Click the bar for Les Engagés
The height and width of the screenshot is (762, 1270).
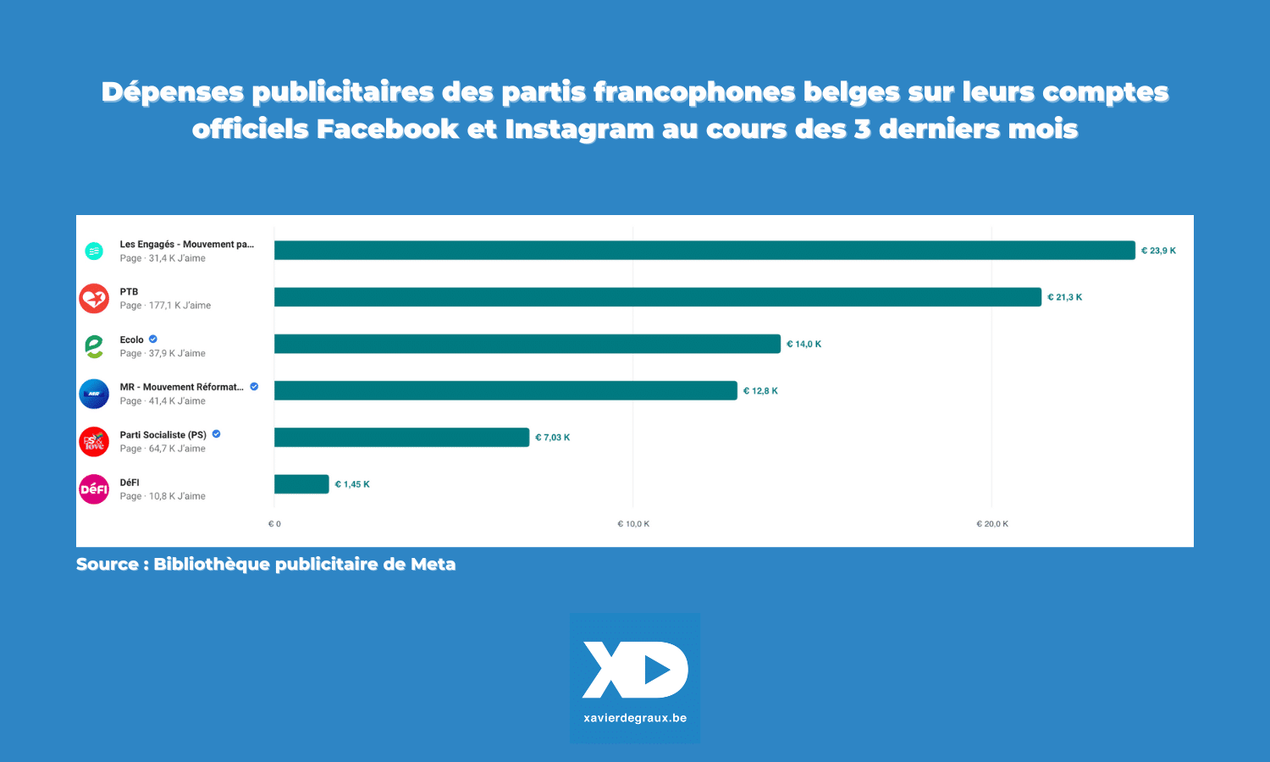[704, 251]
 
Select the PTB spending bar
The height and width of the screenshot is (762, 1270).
[657, 297]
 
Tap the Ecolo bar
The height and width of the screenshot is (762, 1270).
[527, 344]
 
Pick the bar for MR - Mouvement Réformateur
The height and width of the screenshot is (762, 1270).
[505, 390]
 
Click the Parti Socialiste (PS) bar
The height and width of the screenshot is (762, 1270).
[401, 438]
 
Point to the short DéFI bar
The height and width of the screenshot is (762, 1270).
[301, 484]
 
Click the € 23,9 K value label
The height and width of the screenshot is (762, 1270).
[1158, 251]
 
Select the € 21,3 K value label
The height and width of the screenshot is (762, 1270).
[1064, 297]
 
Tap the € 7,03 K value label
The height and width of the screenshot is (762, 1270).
[552, 438]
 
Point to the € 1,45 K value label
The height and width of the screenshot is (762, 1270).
[352, 484]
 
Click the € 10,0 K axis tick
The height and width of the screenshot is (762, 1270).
[633, 524]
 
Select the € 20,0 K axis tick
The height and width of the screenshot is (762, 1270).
[992, 524]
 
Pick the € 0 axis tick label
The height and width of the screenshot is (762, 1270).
[274, 524]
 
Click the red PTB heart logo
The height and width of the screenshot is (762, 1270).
[94, 299]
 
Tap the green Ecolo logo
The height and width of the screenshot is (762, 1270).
[94, 346]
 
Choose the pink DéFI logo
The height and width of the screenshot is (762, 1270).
[94, 489]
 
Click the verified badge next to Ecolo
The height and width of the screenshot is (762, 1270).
[153, 340]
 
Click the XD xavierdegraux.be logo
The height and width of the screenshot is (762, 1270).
[635, 678]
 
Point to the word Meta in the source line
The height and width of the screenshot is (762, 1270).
[433, 565]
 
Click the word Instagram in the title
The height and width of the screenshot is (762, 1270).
[579, 130]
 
